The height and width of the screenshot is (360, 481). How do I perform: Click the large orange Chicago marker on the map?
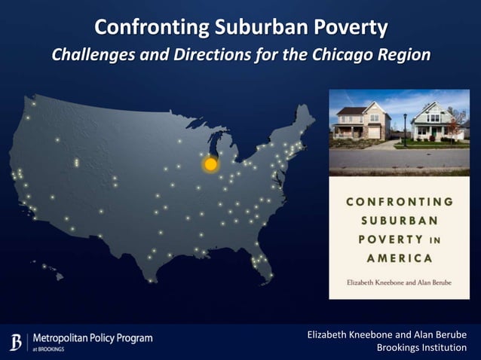(210, 163)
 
